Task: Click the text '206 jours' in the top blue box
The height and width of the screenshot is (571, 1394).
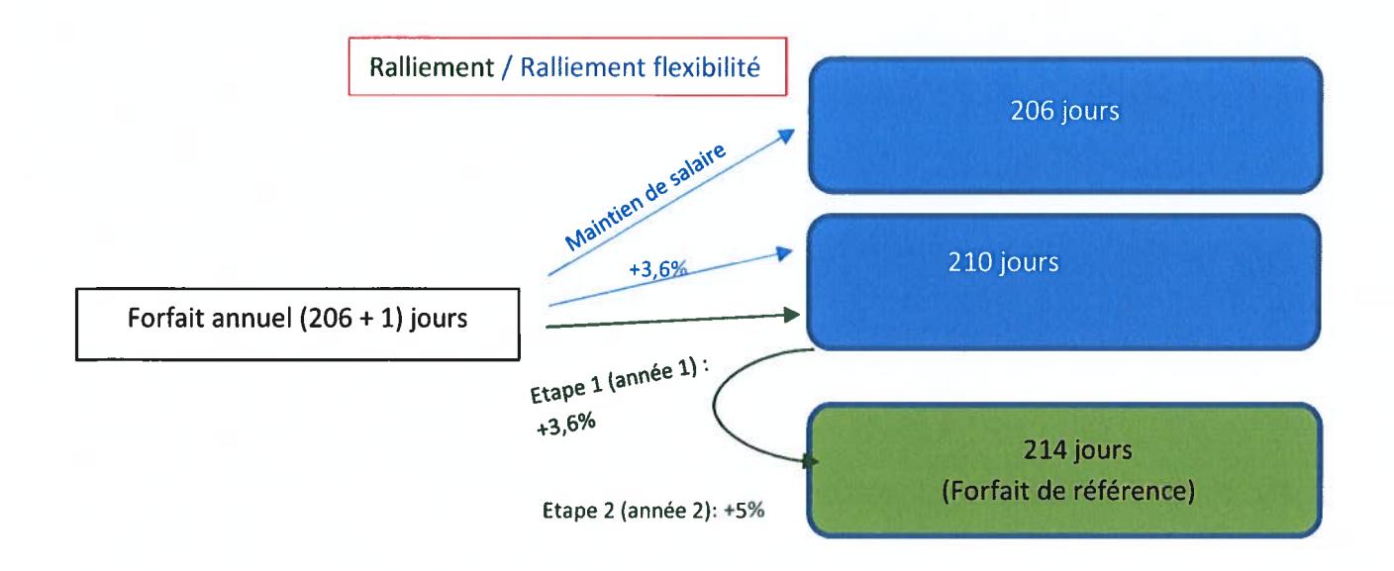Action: (1064, 112)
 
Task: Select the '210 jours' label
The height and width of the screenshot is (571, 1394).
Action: (1003, 262)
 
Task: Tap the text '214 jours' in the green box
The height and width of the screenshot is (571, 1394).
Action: (1078, 450)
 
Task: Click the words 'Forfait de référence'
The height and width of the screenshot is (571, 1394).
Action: (1068, 490)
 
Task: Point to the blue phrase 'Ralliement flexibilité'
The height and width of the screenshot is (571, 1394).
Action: (640, 67)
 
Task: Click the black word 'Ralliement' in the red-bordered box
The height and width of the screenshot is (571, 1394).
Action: (432, 67)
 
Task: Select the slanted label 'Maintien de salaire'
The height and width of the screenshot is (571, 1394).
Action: (646, 197)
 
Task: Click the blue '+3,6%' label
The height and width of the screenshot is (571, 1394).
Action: (657, 269)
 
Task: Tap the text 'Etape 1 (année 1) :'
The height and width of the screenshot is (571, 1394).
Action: (620, 381)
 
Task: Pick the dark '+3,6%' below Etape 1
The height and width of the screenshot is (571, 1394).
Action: (565, 425)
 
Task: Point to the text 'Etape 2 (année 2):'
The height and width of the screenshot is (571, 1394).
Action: (630, 511)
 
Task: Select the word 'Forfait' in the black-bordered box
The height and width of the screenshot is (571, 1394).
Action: (165, 318)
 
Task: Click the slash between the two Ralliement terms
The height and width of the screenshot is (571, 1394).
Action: (507, 67)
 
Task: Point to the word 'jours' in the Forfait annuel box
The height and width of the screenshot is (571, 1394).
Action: (439, 319)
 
